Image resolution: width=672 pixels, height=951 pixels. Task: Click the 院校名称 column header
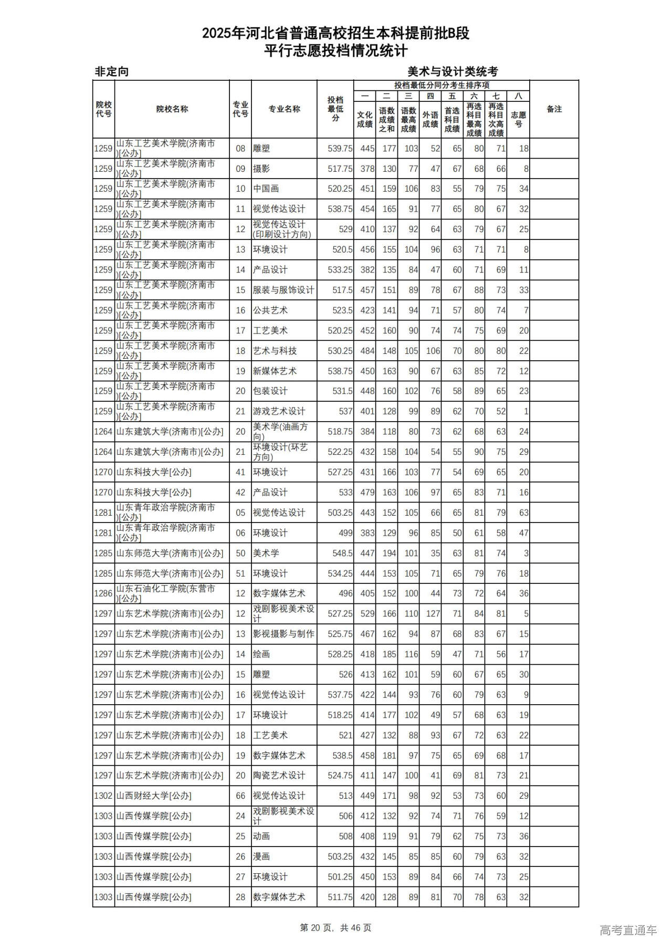pyautogui.click(x=172, y=109)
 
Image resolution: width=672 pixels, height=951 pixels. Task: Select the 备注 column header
pyautogui.click(x=554, y=109)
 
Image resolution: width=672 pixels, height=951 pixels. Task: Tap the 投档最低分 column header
pyautogui.click(x=335, y=109)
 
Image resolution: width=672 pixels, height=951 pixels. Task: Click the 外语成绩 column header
pyautogui.click(x=430, y=119)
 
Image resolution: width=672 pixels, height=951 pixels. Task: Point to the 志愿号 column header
pyautogui.click(x=518, y=119)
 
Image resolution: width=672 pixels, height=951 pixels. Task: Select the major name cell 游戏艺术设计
pyautogui.click(x=279, y=411)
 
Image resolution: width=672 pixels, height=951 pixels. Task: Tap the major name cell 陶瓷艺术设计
pyautogui.click(x=279, y=776)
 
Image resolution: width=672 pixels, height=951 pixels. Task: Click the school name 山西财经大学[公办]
pyautogui.click(x=154, y=796)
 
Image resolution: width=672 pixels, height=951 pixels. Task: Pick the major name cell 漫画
pyautogui.click(x=261, y=856)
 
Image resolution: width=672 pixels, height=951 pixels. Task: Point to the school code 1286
pyautogui.click(x=103, y=593)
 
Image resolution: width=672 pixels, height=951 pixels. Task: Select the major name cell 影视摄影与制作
pyautogui.click(x=283, y=634)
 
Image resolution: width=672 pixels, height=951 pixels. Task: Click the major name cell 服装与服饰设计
pyautogui.click(x=283, y=290)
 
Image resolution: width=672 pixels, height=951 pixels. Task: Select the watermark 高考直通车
pyautogui.click(x=628, y=930)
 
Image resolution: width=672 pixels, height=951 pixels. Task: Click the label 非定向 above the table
pyautogui.click(x=112, y=72)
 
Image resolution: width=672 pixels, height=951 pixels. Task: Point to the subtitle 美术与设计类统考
pyautogui.click(x=453, y=72)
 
